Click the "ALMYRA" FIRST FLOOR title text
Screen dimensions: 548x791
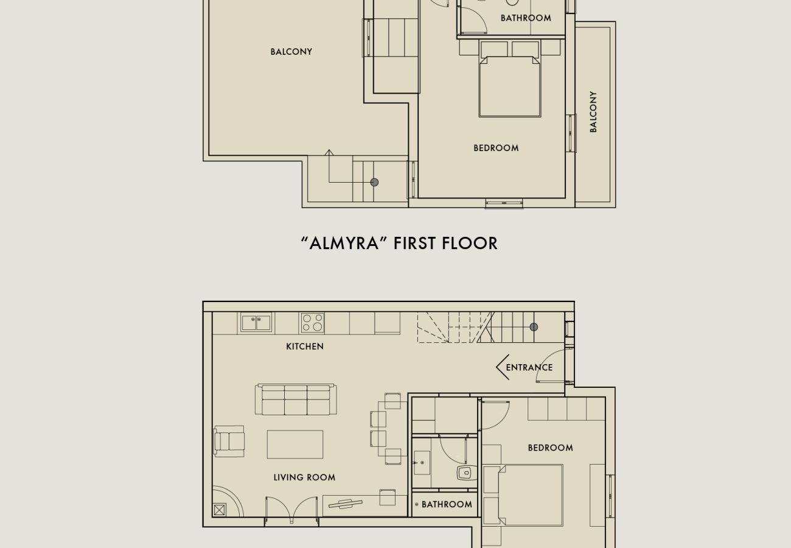point(399,243)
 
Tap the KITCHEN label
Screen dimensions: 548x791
point(305,346)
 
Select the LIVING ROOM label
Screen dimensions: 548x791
point(304,477)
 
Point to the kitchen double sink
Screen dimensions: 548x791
point(256,322)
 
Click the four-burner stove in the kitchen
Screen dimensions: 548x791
point(312,323)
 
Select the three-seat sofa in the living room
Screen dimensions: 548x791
point(296,400)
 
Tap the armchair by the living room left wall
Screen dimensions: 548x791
point(229,441)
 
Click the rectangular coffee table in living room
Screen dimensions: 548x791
point(295,444)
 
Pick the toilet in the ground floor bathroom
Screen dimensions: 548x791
point(465,473)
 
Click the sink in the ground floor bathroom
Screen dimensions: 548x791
point(421,463)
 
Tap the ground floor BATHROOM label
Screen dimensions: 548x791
point(447,504)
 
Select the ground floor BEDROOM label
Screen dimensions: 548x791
point(550,448)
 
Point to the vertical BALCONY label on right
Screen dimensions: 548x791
point(593,112)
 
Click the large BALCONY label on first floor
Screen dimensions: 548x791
point(291,52)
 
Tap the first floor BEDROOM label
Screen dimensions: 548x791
point(496,148)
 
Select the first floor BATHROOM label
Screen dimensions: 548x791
point(526,18)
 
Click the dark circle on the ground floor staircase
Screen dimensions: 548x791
point(534,327)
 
